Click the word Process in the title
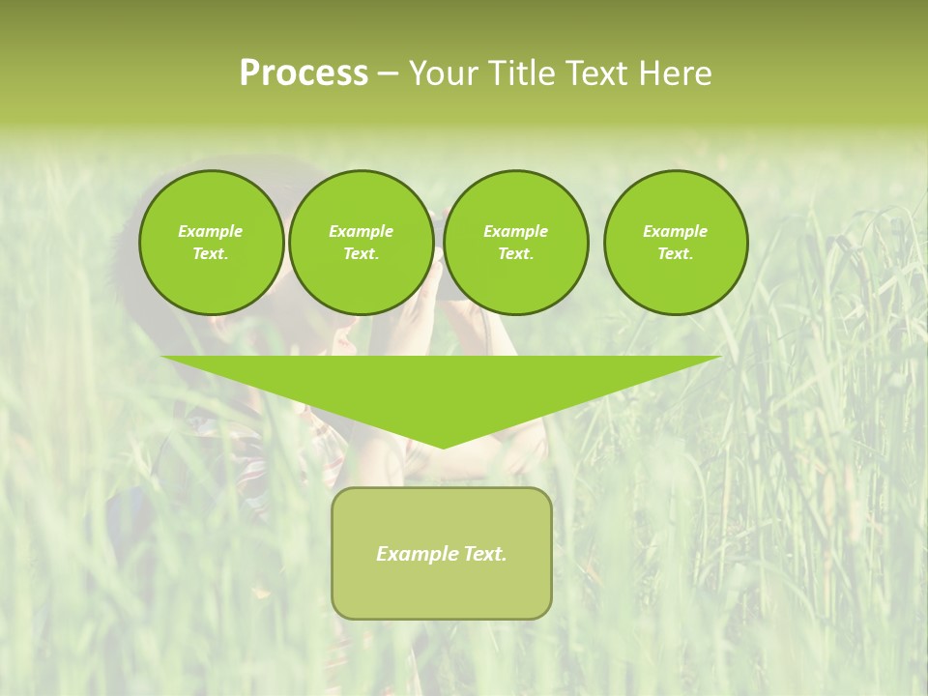[304, 73]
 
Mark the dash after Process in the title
[388, 74]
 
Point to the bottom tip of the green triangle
[443, 447]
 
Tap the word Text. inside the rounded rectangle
[484, 554]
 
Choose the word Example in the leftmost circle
[211, 231]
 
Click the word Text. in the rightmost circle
[676, 253]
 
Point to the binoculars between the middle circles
[439, 237]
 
